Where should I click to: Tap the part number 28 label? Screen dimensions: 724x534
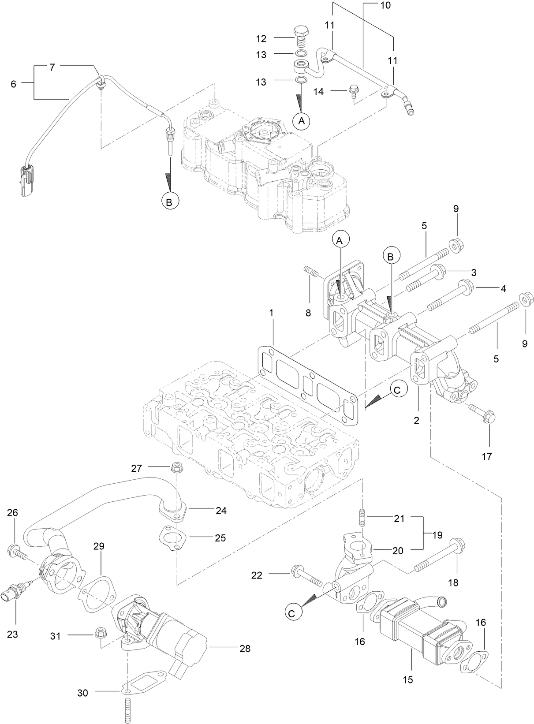coord(245,648)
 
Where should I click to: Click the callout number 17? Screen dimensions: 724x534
coord(486,456)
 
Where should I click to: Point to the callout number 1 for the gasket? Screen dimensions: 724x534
coord(272,313)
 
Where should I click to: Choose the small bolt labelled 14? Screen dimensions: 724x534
coord(354,92)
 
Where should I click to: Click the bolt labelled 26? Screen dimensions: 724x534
coord(16,551)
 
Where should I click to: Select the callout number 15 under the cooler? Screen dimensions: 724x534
coord(408,679)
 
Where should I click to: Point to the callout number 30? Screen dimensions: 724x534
coord(82,693)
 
